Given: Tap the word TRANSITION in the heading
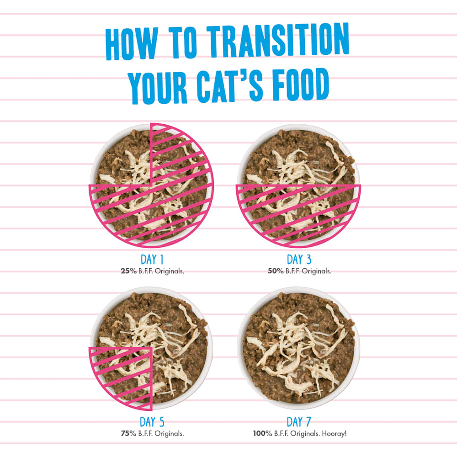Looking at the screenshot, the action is pos(278,40).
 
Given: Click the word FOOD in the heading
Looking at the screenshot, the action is pos(301,85).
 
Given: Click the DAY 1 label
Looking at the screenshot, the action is pos(152,260).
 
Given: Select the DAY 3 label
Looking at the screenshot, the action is pos(299,260).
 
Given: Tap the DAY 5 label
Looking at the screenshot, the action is pos(152,422).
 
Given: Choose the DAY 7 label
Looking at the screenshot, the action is pos(299,422).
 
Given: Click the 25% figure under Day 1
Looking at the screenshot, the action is pos(128,271).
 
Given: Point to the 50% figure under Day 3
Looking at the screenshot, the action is pos(276,271).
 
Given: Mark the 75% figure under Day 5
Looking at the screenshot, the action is pos(128,433).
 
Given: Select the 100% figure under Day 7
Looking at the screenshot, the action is pos(262,433).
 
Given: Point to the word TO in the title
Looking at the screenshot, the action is pos(183,42).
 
